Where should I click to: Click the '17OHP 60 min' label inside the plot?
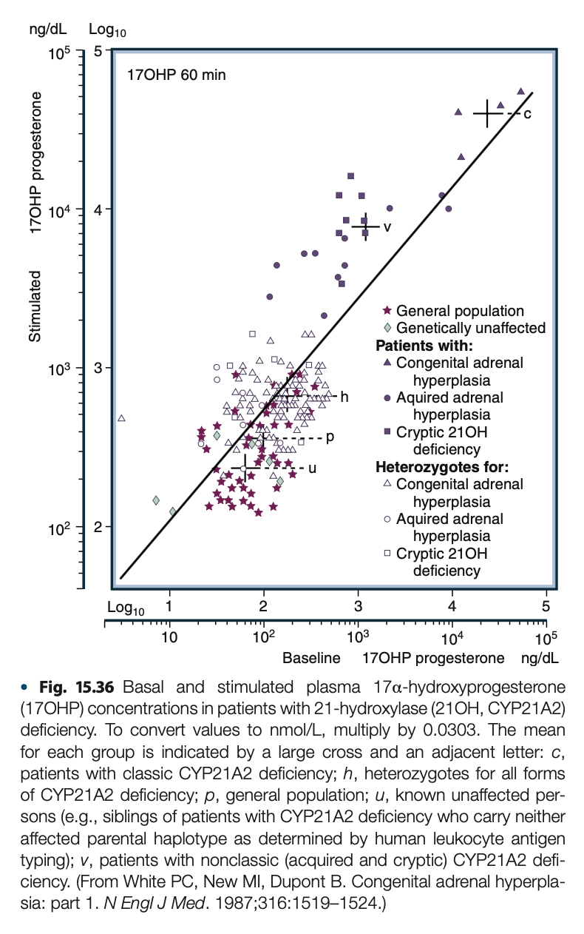pyautogui.click(x=177, y=75)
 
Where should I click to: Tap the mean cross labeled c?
pyautogui.click(x=487, y=113)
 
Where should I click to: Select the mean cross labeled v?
pyautogui.click(x=365, y=226)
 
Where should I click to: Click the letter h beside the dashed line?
pyautogui.click(x=344, y=397)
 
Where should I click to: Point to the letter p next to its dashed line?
pyautogui.click(x=330, y=437)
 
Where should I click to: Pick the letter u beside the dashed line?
pyautogui.click(x=312, y=468)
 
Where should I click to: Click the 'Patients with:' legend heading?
pyautogui.click(x=424, y=346)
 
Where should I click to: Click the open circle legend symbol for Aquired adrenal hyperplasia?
pyautogui.click(x=387, y=519)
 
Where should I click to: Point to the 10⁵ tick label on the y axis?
pyautogui.click(x=58, y=53)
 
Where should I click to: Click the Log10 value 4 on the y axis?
pyautogui.click(x=98, y=209)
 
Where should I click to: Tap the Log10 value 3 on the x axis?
pyautogui.click(x=358, y=605)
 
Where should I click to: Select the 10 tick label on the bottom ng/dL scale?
pyautogui.click(x=169, y=639)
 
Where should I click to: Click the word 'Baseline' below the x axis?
pyautogui.click(x=311, y=658)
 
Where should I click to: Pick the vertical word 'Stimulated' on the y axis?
pyautogui.click(x=35, y=306)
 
